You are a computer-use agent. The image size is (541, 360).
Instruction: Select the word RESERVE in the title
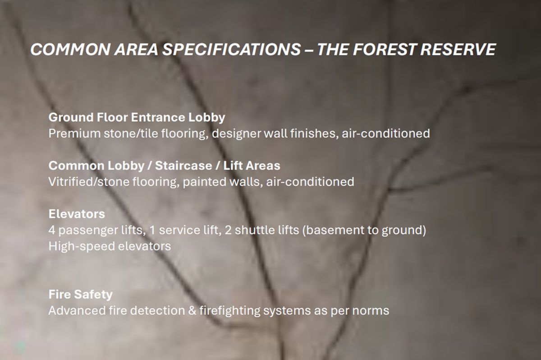pyautogui.click(x=460, y=49)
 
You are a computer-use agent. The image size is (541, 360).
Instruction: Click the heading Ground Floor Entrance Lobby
pyautogui.click(x=137, y=118)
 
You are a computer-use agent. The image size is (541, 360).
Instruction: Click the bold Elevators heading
pyautogui.click(x=77, y=213)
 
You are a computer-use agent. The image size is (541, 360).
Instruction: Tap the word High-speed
pyautogui.click(x=80, y=246)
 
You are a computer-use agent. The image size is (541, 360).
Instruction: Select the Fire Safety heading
pyautogui.click(x=80, y=295)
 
